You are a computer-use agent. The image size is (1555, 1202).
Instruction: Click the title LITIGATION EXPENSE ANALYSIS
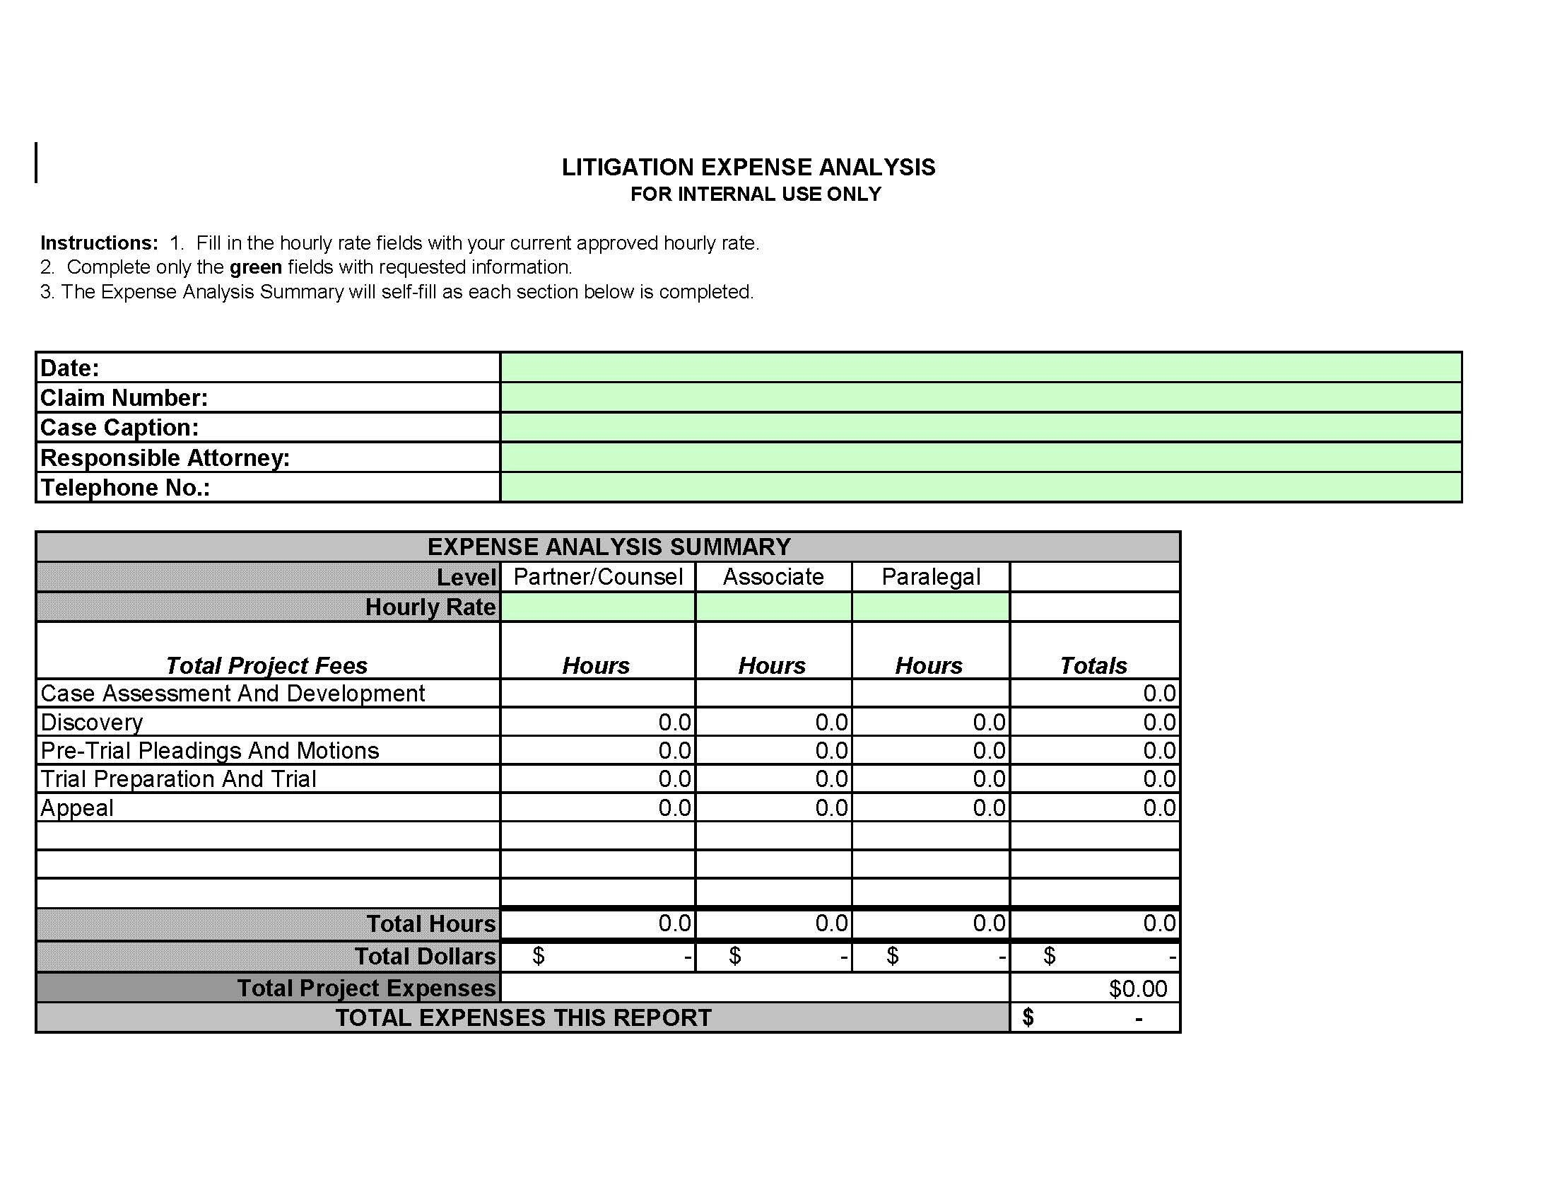749,168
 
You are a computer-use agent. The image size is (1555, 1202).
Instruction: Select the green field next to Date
980,368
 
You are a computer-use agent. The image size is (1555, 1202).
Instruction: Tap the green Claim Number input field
980,397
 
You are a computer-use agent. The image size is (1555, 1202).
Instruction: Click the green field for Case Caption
980,427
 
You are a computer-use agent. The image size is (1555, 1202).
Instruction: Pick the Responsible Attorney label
165,458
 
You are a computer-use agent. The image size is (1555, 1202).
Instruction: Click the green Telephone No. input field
980,488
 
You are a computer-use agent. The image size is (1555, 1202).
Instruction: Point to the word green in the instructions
256,267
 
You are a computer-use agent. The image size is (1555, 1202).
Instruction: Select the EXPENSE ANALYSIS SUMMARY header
609,547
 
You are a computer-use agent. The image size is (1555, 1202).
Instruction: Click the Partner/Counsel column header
598,577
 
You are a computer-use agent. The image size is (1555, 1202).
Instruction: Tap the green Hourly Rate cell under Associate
773,607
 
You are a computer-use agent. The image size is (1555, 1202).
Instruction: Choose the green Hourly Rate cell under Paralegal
931,607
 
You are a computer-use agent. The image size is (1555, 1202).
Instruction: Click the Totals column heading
1093,666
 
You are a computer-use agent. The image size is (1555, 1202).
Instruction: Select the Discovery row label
92,722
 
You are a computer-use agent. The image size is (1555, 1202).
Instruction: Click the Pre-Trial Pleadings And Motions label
209,750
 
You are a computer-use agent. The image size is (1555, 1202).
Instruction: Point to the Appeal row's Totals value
1159,807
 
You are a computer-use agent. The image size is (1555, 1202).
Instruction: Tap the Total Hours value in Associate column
832,923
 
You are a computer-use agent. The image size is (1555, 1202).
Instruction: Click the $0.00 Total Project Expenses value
1138,988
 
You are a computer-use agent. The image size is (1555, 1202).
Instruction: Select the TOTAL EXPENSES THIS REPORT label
523,1017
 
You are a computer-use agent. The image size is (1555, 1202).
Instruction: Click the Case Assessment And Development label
232,694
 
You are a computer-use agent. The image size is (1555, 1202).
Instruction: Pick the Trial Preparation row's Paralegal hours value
989,779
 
